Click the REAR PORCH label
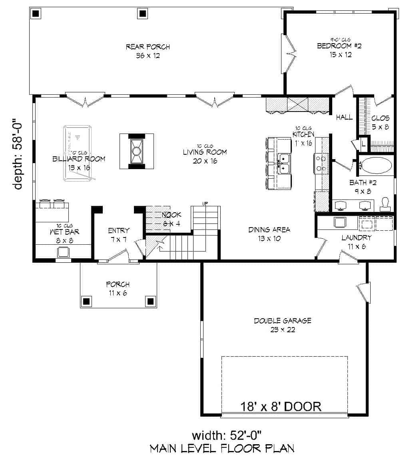pos(148,47)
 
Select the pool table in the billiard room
pos(78,153)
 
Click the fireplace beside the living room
pos(136,151)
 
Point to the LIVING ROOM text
pos(205,152)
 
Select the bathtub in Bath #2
pos(376,165)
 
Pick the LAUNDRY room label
pos(356,237)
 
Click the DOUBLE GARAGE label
pos(282,321)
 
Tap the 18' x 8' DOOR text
pos(281,407)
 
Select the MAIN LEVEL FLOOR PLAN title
pos(222,448)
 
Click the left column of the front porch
pos(87,301)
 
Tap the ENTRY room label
pos(119,230)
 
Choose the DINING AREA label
pos(269,229)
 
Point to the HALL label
pos(344,118)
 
